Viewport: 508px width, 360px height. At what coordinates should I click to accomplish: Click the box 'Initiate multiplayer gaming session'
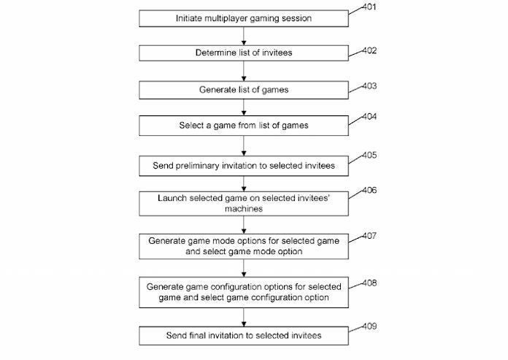pos(244,18)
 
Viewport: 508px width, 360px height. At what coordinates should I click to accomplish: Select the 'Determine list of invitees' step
pos(244,53)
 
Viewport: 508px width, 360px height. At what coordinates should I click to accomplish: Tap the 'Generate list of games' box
pos(244,90)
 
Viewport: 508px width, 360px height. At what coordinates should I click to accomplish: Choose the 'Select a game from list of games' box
pos(244,126)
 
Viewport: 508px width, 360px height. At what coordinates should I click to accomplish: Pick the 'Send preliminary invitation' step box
pos(244,166)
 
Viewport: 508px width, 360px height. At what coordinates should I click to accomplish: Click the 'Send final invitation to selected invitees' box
pos(244,336)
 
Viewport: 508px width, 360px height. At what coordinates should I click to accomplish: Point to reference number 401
pos(369,7)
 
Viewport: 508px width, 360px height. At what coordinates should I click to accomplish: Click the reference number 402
pos(369,50)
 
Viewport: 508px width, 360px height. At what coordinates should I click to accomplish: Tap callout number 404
pos(369,116)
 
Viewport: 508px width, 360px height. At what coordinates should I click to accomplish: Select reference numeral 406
pos(369,190)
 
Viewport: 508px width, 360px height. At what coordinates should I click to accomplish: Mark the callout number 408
pos(369,283)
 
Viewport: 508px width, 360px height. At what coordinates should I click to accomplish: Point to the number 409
pos(369,326)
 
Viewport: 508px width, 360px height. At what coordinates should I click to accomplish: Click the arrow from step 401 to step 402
pos(244,36)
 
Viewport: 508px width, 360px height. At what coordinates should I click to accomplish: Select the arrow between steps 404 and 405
pos(244,146)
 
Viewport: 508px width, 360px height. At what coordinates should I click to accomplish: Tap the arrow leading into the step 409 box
pos(244,317)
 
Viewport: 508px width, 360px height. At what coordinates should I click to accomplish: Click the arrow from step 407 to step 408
pos(244,268)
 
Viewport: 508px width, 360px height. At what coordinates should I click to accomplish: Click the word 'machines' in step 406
pos(244,209)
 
